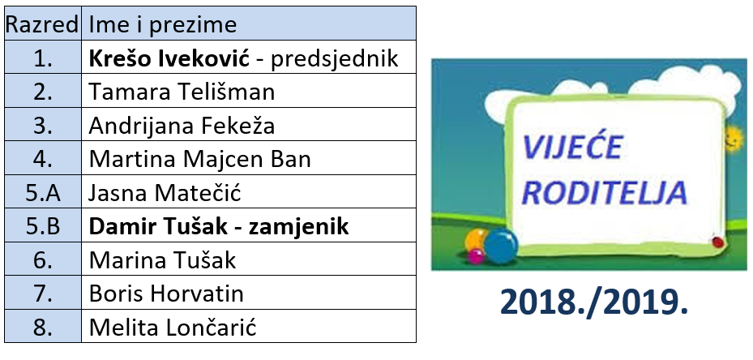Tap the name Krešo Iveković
pyautogui.click(x=169, y=58)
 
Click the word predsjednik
pyautogui.click(x=335, y=59)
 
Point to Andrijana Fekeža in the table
pyautogui.click(x=182, y=126)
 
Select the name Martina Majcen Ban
pyautogui.click(x=199, y=160)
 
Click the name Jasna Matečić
pyautogui.click(x=165, y=193)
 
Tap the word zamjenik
pyautogui.click(x=299, y=227)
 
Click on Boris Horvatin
pyautogui.click(x=166, y=294)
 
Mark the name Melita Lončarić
pyautogui.click(x=173, y=328)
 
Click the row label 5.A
pyautogui.click(x=43, y=194)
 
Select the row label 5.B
pyautogui.click(x=43, y=227)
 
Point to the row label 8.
pyautogui.click(x=43, y=328)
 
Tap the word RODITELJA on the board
pyautogui.click(x=604, y=192)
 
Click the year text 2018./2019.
pyautogui.click(x=594, y=302)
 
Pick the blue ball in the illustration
pyautogui.click(x=500, y=246)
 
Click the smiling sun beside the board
pyautogui.click(x=734, y=139)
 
